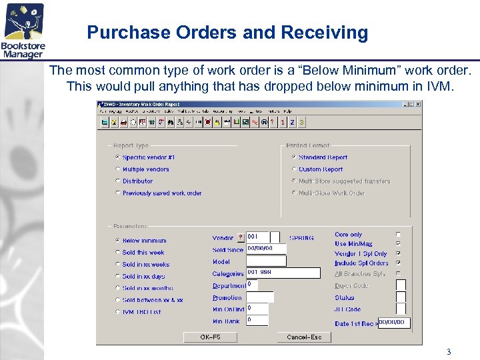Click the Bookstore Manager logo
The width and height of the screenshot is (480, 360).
pyautogui.click(x=24, y=30)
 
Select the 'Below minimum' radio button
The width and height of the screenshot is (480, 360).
pyautogui.click(x=118, y=241)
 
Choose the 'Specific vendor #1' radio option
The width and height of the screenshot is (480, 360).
pyautogui.click(x=118, y=157)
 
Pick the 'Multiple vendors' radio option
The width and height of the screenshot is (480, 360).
pyautogui.click(x=118, y=169)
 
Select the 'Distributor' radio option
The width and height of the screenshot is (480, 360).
pyautogui.click(x=118, y=181)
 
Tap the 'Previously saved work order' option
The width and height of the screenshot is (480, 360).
pyautogui.click(x=118, y=193)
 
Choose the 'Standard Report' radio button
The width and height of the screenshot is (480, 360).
pyautogui.click(x=294, y=157)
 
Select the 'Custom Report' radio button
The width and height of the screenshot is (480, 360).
pyautogui.click(x=294, y=169)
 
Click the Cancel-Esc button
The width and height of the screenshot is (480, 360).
pyautogui.click(x=304, y=337)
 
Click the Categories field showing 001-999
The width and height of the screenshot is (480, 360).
pyautogui.click(x=283, y=273)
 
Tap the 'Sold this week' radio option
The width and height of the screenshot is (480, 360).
pyautogui.click(x=118, y=253)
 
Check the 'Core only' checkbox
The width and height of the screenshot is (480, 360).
pyautogui.click(x=399, y=235)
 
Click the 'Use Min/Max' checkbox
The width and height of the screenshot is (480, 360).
pyautogui.click(x=399, y=244)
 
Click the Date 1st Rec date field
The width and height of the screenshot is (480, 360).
pyautogui.click(x=393, y=323)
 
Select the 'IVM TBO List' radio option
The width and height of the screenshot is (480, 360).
pyautogui.click(x=118, y=312)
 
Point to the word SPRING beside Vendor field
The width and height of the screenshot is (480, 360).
pyautogui.click(x=301, y=238)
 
